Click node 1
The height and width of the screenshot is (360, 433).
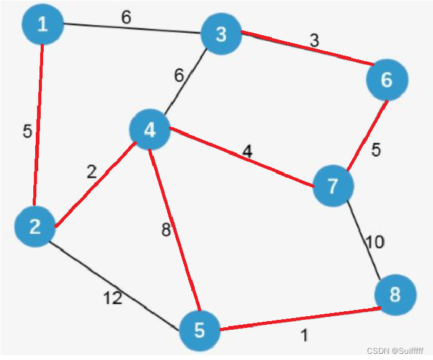coord(42,25)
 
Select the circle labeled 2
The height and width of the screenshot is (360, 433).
coord(35,227)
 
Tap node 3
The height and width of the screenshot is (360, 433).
coord(221,34)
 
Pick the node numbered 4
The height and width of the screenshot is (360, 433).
coord(149,130)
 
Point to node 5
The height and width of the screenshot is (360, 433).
coord(200,330)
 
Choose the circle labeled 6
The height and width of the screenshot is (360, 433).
coord(387,80)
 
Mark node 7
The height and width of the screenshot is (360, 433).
coord(334,186)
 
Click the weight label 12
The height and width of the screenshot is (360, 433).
coord(112,298)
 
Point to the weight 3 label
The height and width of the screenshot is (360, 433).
coord(314,41)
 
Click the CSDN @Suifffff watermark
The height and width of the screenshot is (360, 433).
coord(395,351)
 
